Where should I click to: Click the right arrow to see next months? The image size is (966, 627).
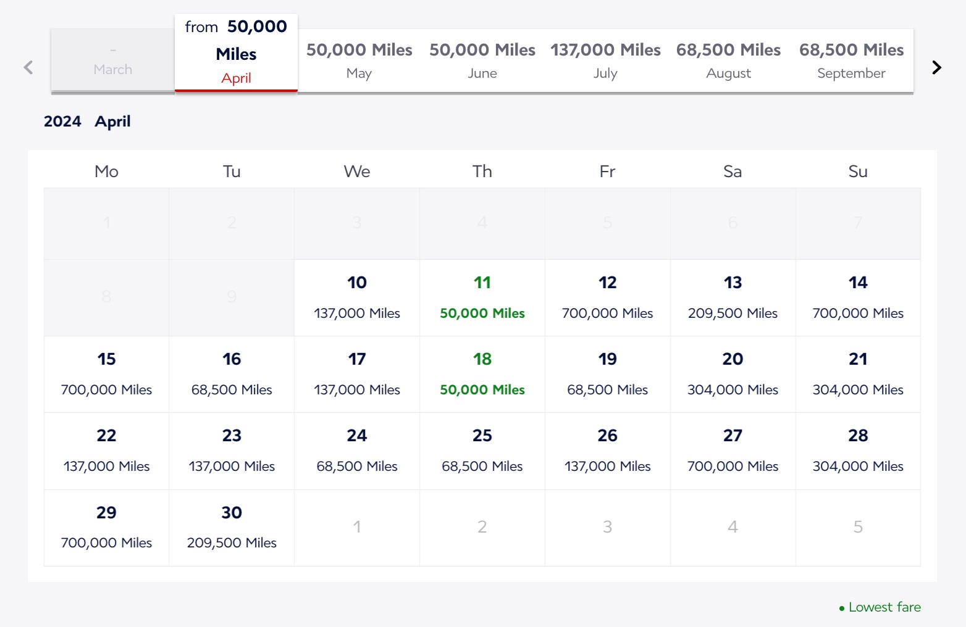pos(936,67)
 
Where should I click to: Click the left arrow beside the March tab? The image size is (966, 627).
pos(28,67)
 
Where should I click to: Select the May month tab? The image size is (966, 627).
pos(359,60)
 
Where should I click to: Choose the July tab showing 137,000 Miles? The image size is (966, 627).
pos(605,60)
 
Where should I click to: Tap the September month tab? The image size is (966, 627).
pos(851,60)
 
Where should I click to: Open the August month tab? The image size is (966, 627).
pos(728,60)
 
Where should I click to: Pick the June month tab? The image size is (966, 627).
pos(482,60)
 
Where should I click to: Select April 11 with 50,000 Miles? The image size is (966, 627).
pos(482,297)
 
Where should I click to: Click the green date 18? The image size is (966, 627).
pos(482,374)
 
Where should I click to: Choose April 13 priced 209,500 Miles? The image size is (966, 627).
pos(733,297)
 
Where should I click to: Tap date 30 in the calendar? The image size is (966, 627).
pos(232,527)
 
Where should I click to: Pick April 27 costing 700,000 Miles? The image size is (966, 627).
pos(733,451)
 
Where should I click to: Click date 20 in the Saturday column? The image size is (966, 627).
pos(733,374)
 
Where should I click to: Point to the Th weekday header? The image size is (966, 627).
pos(482,171)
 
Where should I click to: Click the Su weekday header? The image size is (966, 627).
pos(858,171)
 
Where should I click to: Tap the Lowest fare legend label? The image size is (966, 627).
pos(884,607)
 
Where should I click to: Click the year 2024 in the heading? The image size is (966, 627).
pos(62,122)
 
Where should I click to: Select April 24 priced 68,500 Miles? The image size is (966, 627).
pos(357,451)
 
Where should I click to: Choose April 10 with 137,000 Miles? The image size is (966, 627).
pos(357,297)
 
